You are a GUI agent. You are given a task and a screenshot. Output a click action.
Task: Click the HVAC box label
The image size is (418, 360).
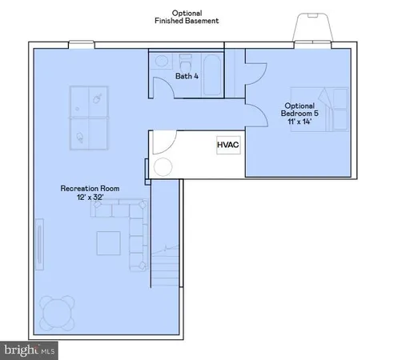pyautogui.click(x=228, y=146)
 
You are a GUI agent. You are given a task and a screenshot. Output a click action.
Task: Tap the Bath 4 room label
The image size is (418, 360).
pyautogui.click(x=187, y=77)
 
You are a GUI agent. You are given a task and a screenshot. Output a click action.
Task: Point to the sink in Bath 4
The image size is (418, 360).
pyautogui.click(x=160, y=61)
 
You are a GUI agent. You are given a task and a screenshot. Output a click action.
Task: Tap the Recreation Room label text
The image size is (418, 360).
pyautogui.click(x=90, y=189)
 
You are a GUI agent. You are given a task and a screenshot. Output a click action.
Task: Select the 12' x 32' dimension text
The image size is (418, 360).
pyautogui.click(x=90, y=198)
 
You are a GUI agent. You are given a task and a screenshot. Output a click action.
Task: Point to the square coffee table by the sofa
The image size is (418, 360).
pyautogui.click(x=110, y=242)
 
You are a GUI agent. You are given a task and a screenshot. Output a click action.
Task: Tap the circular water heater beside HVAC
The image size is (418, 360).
pyautogui.click(x=163, y=169)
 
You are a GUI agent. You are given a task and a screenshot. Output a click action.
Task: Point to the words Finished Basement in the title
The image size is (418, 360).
pyautogui.click(x=187, y=21)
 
